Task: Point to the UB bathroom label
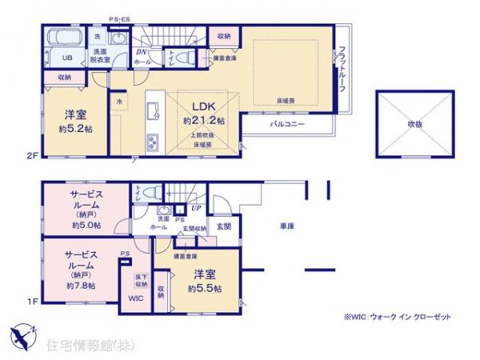pyautogui.click(x=69, y=58)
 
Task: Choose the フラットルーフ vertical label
pyautogui.click(x=342, y=67)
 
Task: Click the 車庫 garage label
pyautogui.click(x=288, y=227)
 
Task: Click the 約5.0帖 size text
pyautogui.click(x=86, y=225)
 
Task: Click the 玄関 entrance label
pyautogui.click(x=224, y=226)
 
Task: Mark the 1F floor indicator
pyautogui.click(x=32, y=301)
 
